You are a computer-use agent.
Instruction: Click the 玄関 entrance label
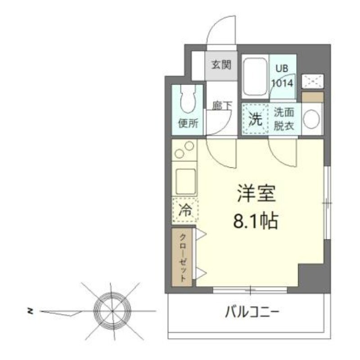click(x=221, y=65)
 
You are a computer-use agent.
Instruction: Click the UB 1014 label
click(x=282, y=76)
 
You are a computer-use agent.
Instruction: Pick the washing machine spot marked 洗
click(x=255, y=119)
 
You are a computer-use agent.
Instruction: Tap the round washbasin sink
click(x=311, y=119)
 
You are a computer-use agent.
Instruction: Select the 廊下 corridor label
click(x=222, y=106)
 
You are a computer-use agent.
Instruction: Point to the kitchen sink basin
click(x=184, y=180)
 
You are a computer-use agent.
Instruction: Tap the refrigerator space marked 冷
click(x=185, y=210)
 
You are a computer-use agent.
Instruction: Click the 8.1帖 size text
click(x=255, y=221)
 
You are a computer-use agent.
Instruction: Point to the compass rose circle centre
click(x=112, y=311)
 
